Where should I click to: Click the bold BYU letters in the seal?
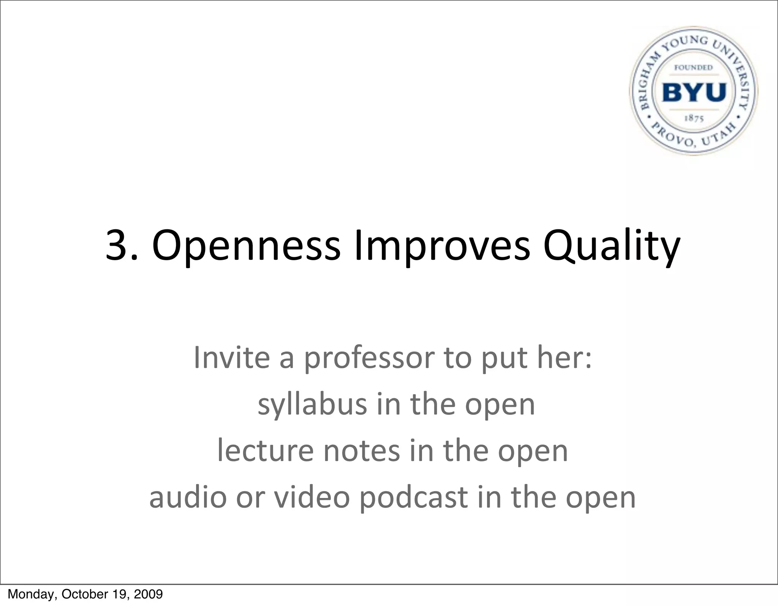click(694, 92)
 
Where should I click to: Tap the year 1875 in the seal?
click(694, 118)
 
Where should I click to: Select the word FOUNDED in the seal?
click(693, 68)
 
